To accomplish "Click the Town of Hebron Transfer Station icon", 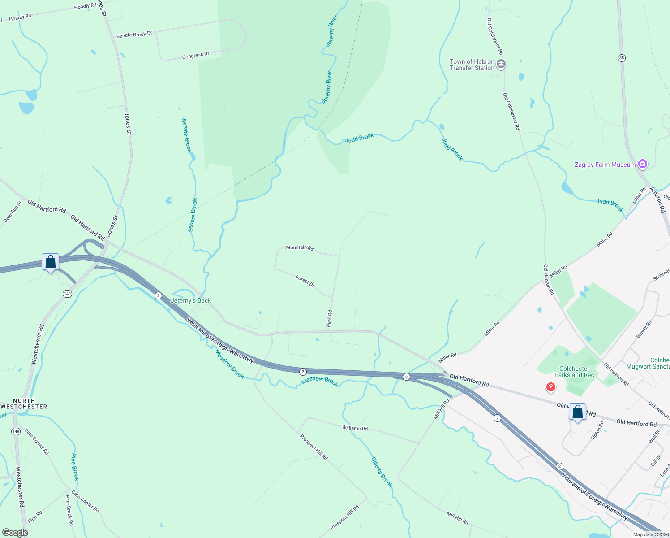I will pos(502,65).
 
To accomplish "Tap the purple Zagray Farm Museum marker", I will pos(643,165).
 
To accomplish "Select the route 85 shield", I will pos(622,58).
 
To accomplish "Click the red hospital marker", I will pos(550,387).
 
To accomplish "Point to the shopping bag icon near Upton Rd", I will pos(577,412).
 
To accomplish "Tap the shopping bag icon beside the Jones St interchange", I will pos(50,262).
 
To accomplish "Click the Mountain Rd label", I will pos(300,247).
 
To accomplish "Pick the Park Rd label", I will pos(329,318).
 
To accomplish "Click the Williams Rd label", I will pos(355,428).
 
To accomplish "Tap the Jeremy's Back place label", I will pos(191,300).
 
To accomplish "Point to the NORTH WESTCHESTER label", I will pos(24,403).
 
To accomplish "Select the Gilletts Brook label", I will pos(382,472).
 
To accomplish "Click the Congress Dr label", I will pos(196,56).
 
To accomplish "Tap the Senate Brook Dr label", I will pos(134,35).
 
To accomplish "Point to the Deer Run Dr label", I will pos(13,212).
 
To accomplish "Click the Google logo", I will pos(15,532).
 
